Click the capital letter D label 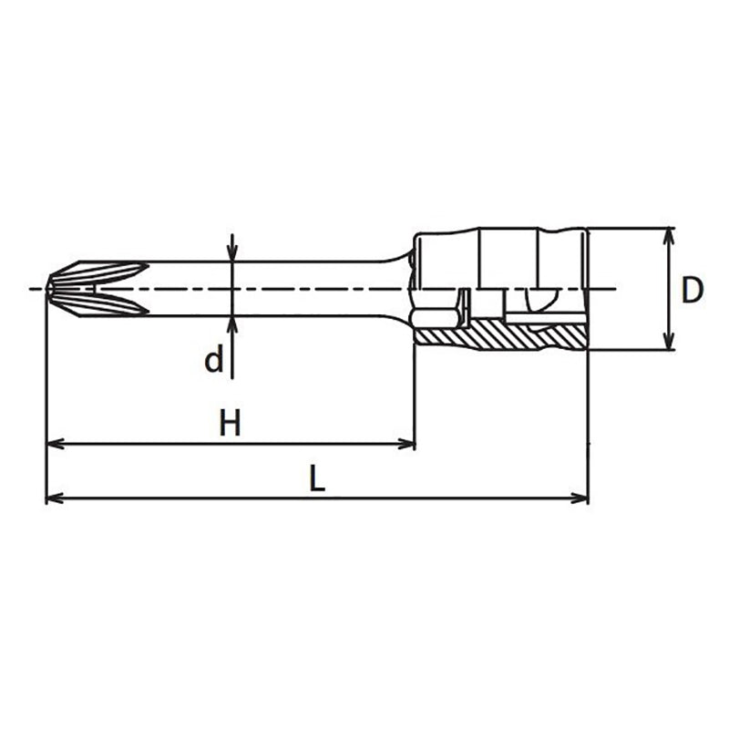tap(693, 291)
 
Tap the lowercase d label tap(213, 361)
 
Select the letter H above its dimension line tap(231, 423)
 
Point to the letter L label tap(315, 479)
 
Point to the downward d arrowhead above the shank tap(232, 254)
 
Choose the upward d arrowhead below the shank tap(232, 324)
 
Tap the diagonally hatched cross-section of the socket tap(497, 336)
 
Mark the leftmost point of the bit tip tap(46, 289)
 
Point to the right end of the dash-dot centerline tap(616, 290)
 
